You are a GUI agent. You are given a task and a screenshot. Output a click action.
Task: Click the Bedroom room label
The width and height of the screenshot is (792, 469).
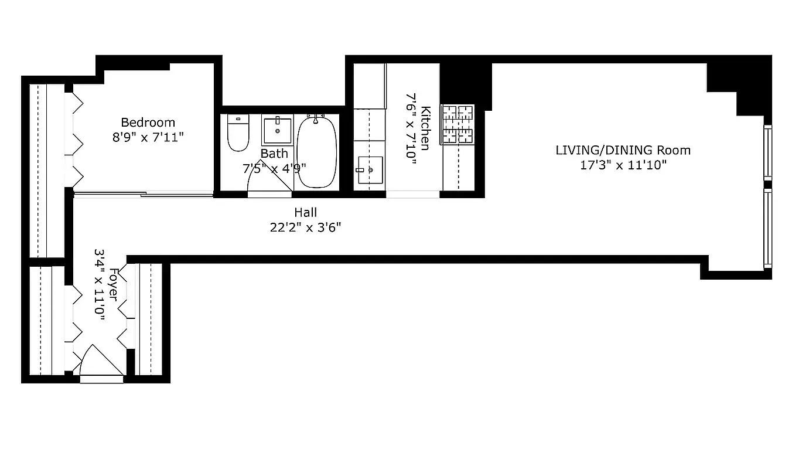coord(148,123)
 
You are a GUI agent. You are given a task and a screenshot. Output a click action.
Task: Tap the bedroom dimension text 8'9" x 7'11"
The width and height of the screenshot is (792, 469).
coord(148,138)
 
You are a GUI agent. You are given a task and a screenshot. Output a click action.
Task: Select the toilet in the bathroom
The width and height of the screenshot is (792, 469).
coord(238,134)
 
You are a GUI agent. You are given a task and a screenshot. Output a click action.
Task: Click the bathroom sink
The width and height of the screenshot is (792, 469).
coord(276,130)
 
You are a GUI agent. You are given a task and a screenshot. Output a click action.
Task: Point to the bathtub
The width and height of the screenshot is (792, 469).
coord(316,152)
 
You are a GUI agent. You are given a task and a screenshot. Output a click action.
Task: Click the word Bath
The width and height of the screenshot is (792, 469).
coord(274,154)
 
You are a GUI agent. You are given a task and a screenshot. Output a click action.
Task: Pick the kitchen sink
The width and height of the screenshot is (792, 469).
coord(370,170)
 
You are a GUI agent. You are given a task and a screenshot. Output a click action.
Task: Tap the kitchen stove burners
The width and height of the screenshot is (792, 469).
coord(457,124)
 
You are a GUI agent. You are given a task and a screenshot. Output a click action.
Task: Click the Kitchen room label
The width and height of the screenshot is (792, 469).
coord(426,128)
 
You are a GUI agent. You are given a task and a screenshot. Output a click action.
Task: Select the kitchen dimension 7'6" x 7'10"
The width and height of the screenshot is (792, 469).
coord(411,128)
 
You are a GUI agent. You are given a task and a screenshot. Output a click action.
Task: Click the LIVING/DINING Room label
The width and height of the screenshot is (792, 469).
coord(623,150)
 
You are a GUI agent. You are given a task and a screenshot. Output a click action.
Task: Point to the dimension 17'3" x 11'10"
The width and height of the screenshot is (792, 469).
coord(623,165)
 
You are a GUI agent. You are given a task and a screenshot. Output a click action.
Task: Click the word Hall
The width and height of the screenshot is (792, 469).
coord(305,212)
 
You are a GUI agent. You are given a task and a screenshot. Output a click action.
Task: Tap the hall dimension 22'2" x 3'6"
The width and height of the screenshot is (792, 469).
coord(305,227)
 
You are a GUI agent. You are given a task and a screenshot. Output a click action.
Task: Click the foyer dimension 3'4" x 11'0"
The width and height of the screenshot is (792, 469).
coord(99,285)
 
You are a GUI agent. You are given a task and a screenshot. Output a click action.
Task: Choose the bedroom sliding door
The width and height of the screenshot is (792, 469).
coord(143,194)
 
